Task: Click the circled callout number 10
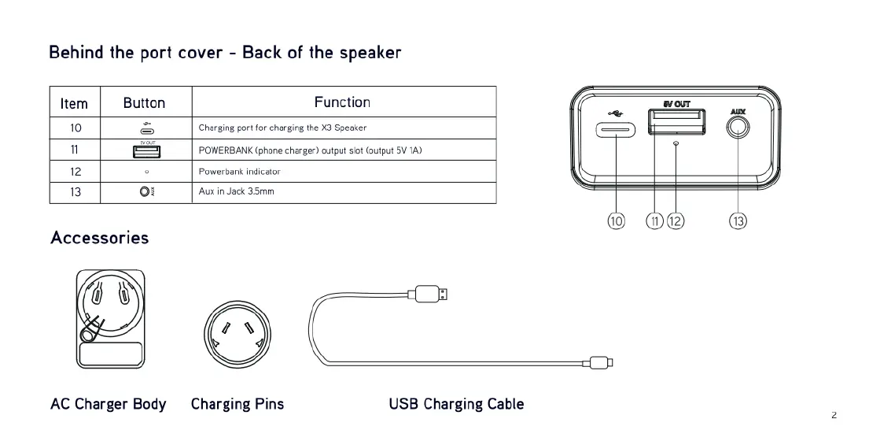(x=616, y=221)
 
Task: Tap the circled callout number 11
(x=655, y=221)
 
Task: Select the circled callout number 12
(x=676, y=221)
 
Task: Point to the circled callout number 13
(x=738, y=221)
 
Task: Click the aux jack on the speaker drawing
(x=738, y=128)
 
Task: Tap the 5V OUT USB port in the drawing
(x=676, y=122)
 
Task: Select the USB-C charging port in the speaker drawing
(x=617, y=130)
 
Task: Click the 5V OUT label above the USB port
(x=676, y=104)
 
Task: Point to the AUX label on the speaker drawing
(x=738, y=111)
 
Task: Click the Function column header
(x=342, y=102)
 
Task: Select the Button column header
(x=145, y=103)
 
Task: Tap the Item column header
(x=74, y=103)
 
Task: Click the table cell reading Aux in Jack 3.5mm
(x=237, y=192)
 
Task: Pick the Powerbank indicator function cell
(x=240, y=171)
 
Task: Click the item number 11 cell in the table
(x=75, y=150)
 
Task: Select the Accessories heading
(x=99, y=238)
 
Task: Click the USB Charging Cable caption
(x=456, y=404)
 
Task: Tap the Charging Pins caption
(x=237, y=404)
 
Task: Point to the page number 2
(x=834, y=415)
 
